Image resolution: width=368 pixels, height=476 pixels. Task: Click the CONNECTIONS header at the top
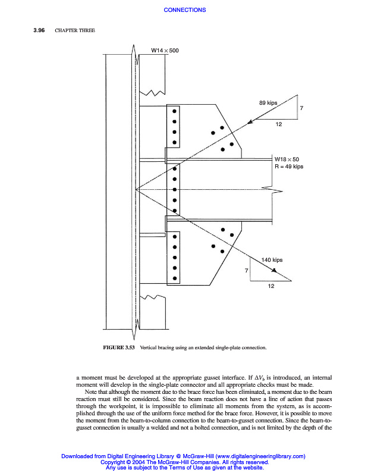point(184,10)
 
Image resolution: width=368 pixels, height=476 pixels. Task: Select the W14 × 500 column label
point(165,51)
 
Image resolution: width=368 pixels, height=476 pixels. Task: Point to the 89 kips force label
point(268,103)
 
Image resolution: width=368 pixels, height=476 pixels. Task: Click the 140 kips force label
point(272,260)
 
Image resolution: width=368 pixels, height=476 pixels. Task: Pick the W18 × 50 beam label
point(287,159)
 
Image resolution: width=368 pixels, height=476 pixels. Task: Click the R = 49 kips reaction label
point(288,167)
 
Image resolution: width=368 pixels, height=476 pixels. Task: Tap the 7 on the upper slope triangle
point(301,109)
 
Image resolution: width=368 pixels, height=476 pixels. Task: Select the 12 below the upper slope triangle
point(279,124)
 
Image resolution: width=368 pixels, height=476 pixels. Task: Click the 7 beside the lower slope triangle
point(246,271)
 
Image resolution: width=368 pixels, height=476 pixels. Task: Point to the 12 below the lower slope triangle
point(271,286)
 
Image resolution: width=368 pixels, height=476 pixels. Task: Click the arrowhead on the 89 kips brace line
point(250,121)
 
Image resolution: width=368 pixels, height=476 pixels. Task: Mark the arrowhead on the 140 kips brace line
point(275,271)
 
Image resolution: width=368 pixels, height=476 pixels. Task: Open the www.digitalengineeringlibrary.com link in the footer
point(256,456)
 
